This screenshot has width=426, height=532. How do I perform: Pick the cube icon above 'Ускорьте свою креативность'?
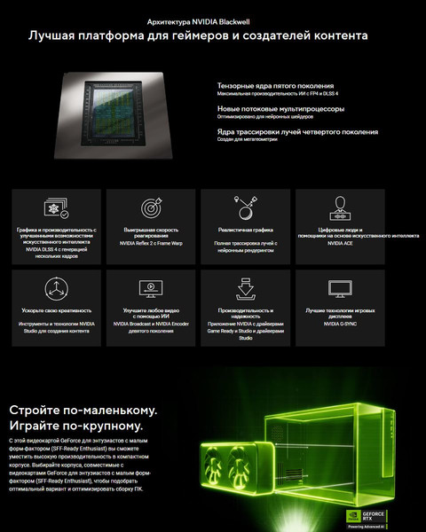(x=57, y=287)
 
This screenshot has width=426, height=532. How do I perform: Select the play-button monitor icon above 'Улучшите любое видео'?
(x=149, y=287)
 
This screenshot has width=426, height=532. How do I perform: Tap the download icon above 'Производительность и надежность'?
(x=246, y=287)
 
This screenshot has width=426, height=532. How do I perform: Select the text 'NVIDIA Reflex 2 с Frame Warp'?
(x=149, y=243)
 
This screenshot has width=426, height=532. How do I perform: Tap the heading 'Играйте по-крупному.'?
(x=75, y=426)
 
